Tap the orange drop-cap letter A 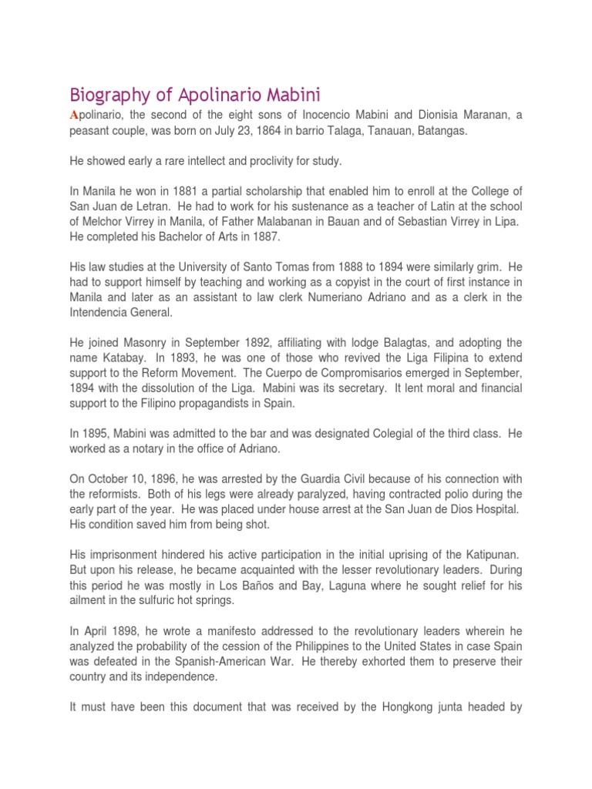click(x=75, y=115)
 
